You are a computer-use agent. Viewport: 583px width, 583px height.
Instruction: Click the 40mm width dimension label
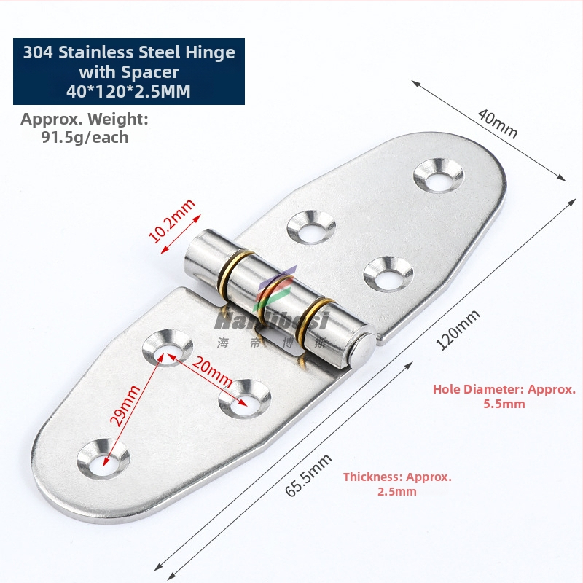[x=498, y=123]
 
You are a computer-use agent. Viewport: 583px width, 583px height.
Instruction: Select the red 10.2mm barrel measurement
[x=172, y=222]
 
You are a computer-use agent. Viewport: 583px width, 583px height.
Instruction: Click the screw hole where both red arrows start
[x=167, y=346]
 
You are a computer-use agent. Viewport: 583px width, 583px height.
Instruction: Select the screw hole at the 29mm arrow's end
[x=103, y=458]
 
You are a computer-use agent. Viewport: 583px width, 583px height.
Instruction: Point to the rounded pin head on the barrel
[x=364, y=348]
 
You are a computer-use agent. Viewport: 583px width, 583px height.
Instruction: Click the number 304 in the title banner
[x=39, y=52]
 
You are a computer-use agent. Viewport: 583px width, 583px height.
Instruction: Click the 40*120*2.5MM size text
[x=128, y=92]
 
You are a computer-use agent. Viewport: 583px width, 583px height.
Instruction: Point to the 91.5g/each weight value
[x=85, y=137]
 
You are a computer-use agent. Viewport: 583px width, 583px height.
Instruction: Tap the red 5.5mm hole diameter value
[x=504, y=404]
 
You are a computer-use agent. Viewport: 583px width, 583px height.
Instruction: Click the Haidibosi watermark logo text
[x=272, y=321]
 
